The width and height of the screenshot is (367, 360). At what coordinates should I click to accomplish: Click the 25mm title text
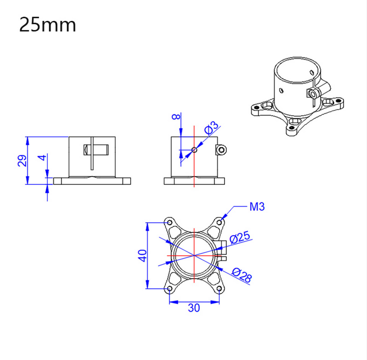[48, 25]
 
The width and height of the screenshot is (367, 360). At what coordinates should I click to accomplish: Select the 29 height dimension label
[22, 160]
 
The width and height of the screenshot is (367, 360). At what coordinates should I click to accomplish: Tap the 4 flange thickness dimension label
[42, 158]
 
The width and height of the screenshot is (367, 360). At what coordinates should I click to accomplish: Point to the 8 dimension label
[176, 116]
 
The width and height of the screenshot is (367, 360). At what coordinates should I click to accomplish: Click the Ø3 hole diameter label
[211, 128]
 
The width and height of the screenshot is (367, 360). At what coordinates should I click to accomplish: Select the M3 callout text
[257, 207]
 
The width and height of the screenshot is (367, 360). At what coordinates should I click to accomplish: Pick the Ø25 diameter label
[240, 238]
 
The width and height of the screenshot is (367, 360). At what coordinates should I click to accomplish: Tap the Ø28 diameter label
[242, 275]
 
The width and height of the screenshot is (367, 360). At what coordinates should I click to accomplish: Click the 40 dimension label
[143, 255]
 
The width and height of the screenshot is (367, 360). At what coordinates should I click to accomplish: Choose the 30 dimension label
[194, 308]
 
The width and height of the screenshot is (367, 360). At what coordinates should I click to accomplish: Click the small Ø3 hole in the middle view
[194, 150]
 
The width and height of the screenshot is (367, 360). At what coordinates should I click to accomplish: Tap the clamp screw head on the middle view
[222, 150]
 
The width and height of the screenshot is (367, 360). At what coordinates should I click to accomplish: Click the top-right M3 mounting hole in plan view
[219, 222]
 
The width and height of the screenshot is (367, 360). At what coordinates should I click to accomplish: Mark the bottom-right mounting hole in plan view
[219, 289]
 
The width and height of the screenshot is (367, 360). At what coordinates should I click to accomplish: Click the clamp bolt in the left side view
[96, 150]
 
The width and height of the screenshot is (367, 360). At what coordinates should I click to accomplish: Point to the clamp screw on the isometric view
[313, 93]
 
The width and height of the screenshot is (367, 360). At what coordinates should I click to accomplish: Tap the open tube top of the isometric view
[297, 70]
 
